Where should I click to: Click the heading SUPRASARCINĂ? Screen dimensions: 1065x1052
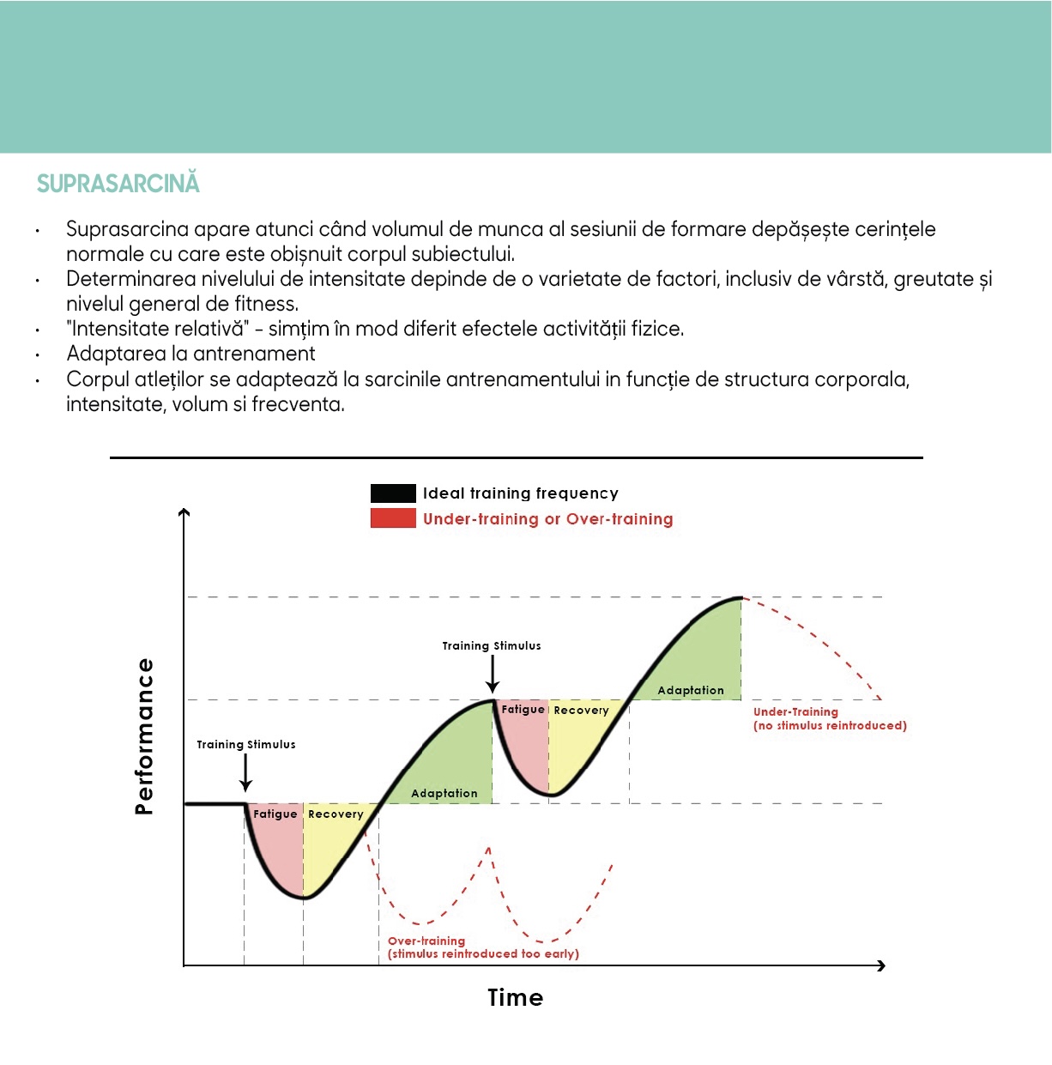118,184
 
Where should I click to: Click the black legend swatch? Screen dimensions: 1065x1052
392,493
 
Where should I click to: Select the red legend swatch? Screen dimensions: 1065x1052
392,518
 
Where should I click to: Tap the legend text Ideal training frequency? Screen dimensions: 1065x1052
520,493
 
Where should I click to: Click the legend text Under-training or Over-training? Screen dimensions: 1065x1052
547,519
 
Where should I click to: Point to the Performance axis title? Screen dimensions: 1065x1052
144,736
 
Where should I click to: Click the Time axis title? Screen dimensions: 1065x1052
515,997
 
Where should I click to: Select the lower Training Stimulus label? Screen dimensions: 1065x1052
246,745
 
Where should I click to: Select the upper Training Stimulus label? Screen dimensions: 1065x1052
492,646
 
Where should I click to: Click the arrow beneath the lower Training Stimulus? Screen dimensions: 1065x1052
246,773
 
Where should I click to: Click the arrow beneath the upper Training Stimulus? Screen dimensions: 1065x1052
493,675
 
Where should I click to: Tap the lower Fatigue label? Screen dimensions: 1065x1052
275,814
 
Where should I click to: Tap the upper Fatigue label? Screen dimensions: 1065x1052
523,710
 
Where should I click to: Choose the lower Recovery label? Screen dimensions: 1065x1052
336,814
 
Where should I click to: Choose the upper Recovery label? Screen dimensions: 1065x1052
581,711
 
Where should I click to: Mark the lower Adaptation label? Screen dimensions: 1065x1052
444,794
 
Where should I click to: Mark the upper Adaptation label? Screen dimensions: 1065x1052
691,691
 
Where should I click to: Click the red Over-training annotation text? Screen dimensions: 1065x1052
483,947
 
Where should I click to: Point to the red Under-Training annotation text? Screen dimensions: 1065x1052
829,718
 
